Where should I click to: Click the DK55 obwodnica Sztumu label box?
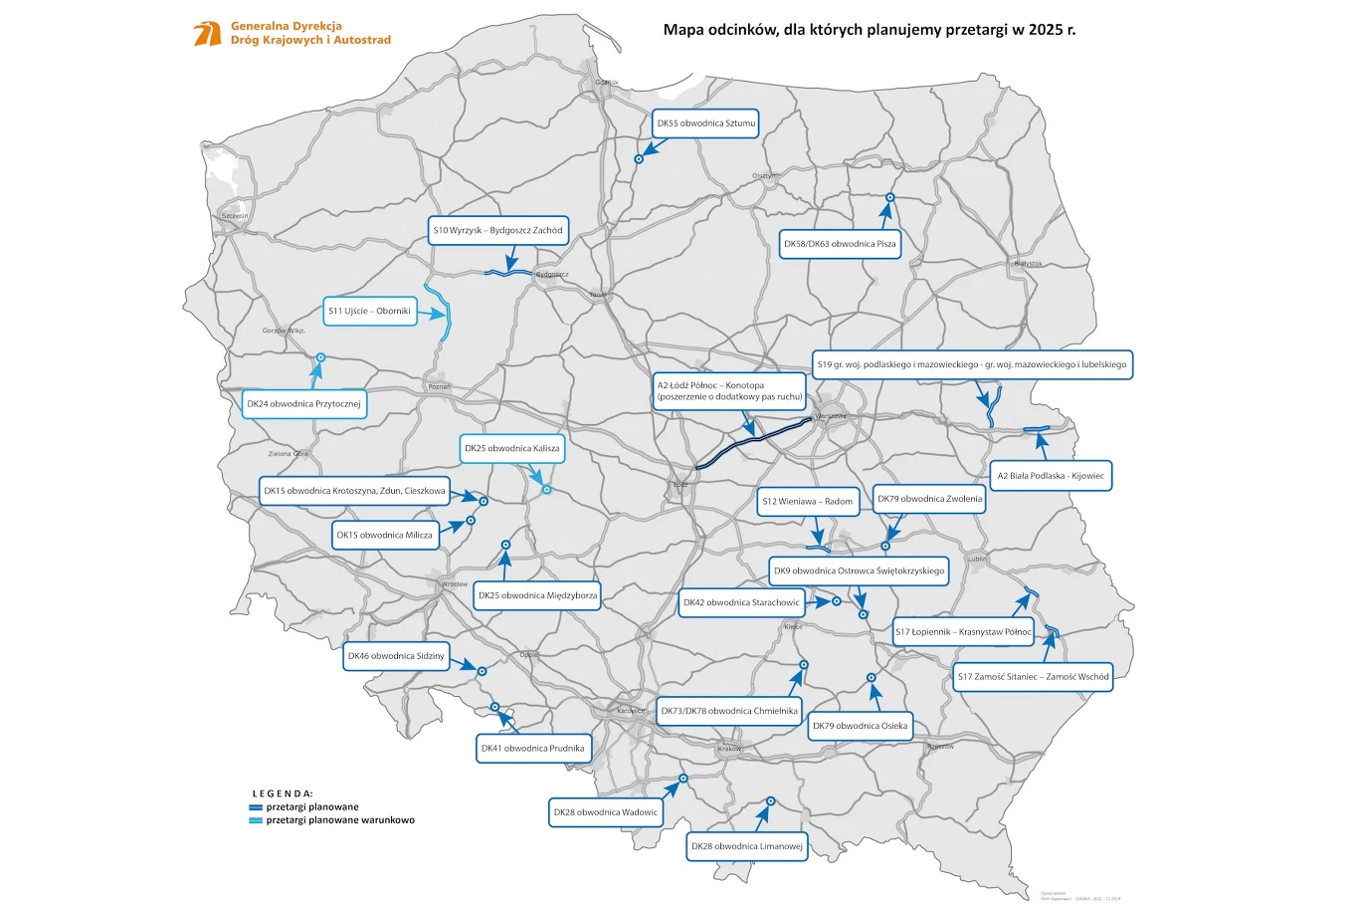705,123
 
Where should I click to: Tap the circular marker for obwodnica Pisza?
890,197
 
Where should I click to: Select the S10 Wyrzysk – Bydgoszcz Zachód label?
497,230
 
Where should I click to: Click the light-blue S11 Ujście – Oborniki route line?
445,313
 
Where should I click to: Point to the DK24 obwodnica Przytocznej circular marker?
320,357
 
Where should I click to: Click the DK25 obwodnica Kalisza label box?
511,448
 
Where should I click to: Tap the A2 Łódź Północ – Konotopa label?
728,391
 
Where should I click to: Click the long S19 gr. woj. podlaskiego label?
971,364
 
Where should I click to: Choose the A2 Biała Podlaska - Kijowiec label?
1051,476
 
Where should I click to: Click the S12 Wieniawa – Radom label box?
807,501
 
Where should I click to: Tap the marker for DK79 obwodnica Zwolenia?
885,546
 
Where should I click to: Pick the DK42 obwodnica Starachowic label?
740,602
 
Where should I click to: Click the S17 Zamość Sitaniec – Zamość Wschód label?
1033,677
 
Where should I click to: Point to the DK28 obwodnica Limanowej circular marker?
771,800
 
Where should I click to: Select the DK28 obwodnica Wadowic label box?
606,812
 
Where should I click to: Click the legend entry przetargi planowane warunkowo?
340,820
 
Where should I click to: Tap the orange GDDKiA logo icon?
207,33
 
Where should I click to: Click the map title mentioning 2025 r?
869,30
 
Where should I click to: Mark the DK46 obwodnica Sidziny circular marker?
482,671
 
